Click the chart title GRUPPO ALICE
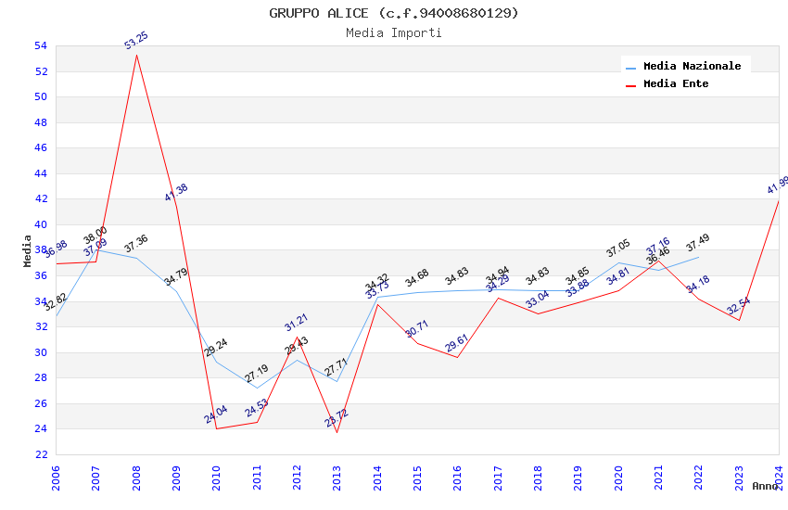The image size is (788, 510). [x=394, y=13]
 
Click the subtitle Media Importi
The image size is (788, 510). [x=394, y=32]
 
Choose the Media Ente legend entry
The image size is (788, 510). [x=676, y=83]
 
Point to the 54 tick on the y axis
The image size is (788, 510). [x=40, y=45]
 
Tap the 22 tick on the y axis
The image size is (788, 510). [x=40, y=454]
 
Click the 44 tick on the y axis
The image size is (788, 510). [x=40, y=173]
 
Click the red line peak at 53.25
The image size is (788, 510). [x=136, y=55]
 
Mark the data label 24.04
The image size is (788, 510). [x=216, y=414]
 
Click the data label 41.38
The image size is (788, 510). [x=176, y=193]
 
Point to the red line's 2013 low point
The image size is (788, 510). [x=337, y=432]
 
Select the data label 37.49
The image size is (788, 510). [x=698, y=242]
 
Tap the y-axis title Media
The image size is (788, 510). [x=28, y=250]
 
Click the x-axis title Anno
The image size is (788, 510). [x=766, y=486]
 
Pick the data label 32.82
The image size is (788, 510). [x=56, y=300]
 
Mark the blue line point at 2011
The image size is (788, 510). [x=257, y=389]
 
